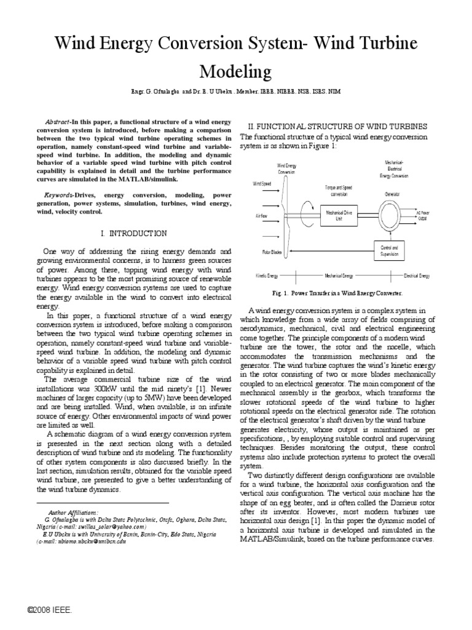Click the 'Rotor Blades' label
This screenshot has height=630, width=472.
263,252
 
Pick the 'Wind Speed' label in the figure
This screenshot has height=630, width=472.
262,183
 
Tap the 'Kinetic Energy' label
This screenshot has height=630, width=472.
266,276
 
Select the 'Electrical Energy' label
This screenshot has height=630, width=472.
416,276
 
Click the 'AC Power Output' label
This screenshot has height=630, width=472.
422,215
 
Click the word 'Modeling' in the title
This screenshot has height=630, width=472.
235,72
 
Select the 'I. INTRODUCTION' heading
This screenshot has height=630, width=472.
133,233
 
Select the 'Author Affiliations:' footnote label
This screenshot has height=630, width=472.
73,512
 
